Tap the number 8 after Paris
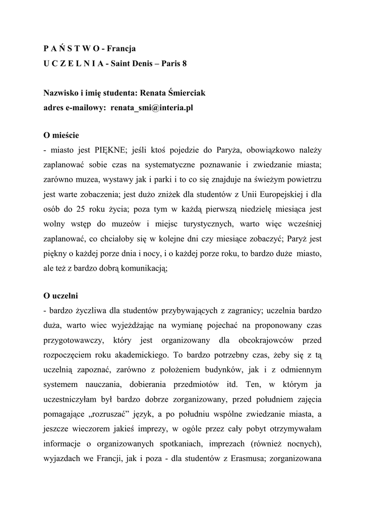(x=184, y=64)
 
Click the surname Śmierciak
(x=184, y=93)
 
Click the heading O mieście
(x=61, y=136)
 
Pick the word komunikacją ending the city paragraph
(x=145, y=269)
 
